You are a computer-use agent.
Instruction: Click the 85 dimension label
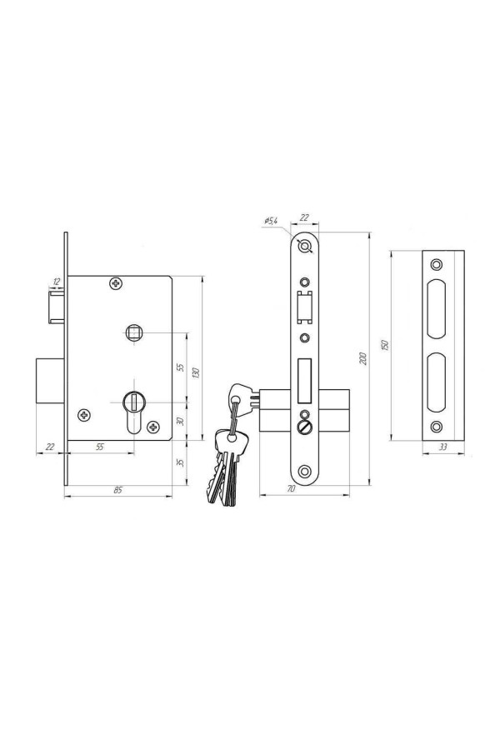coord(117,490)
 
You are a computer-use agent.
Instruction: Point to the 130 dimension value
coord(195,372)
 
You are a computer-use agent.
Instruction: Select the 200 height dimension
coord(363,358)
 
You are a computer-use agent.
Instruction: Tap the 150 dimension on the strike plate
coord(385,345)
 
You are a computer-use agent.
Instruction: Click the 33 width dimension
coord(443,447)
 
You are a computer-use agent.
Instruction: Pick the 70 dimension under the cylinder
coord(291,489)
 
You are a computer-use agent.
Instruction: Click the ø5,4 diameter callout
coord(271,221)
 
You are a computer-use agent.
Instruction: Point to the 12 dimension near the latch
coord(57,282)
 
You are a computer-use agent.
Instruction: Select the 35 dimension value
coord(180,462)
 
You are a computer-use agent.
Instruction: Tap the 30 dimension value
coord(180,422)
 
